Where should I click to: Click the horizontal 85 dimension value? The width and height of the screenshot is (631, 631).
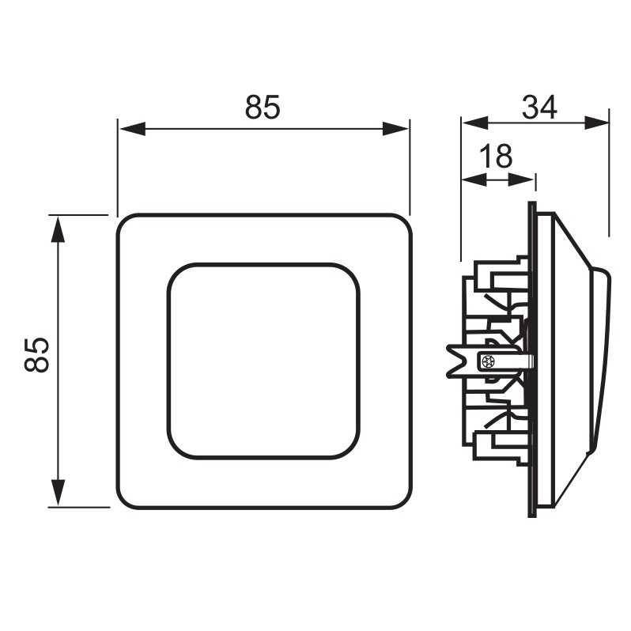click(263, 107)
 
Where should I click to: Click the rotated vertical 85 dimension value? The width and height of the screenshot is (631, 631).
click(36, 354)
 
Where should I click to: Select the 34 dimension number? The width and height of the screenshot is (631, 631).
click(539, 107)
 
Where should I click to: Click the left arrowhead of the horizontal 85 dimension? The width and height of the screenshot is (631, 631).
click(132, 129)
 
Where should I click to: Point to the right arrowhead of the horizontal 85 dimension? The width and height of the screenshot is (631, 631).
click(395, 129)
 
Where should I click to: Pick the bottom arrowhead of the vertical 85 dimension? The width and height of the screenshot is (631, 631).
click(59, 492)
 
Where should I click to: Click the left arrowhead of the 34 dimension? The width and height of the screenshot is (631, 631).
click(475, 123)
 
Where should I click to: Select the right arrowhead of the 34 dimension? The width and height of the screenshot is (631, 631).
click(596, 123)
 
